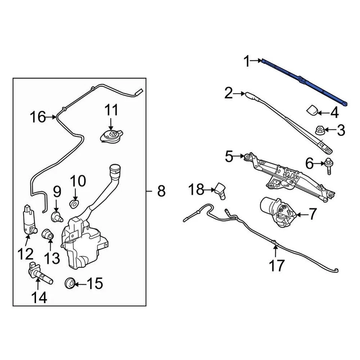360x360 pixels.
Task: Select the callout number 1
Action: pos(247,61)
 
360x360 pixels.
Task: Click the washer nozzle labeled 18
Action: pos(220,191)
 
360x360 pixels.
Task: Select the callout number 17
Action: pos(277,265)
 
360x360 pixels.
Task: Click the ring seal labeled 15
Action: pos(69,283)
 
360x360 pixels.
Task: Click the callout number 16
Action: pos(37,117)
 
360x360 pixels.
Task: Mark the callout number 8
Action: pos(161,191)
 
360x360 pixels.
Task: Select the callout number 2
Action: pos(228,93)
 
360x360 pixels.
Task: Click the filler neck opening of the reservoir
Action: pos(115,169)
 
